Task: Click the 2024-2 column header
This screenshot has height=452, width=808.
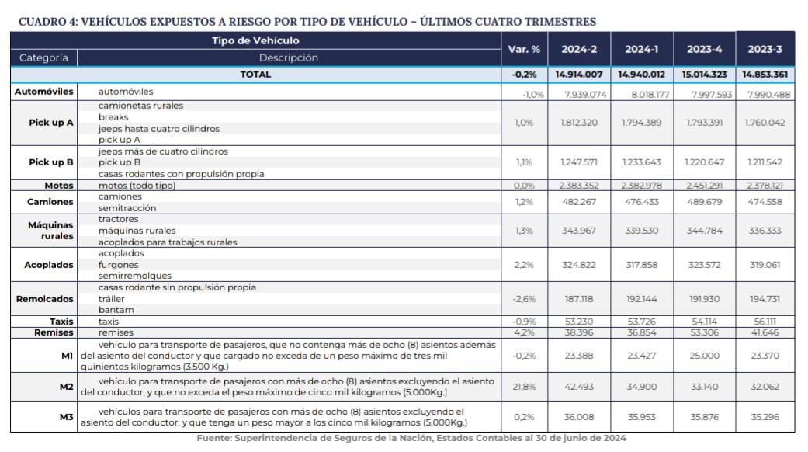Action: [x=579, y=49]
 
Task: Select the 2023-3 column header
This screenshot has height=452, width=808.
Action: [x=765, y=49]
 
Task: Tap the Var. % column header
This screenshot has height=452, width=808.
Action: [x=524, y=49]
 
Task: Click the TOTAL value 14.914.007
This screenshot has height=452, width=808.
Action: [x=579, y=75]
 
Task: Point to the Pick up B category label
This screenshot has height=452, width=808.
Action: [x=51, y=162]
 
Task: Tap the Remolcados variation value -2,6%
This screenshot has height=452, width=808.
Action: [x=524, y=299]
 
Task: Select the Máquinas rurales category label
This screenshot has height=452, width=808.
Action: [x=51, y=231]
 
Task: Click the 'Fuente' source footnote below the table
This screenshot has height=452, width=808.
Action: [x=411, y=438]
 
